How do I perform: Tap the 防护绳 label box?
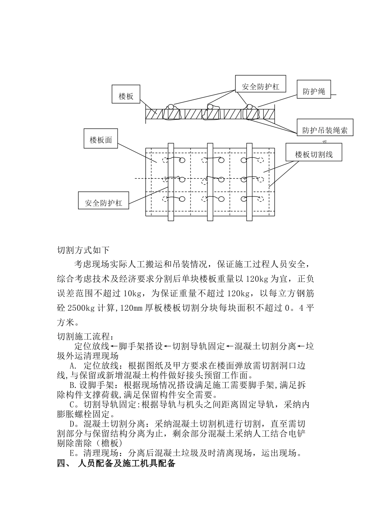tap(314, 92)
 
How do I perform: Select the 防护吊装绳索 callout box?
tap(325, 130)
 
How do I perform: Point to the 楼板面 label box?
tap(100, 140)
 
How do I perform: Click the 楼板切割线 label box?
tap(314, 154)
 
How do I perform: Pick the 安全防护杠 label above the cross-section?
tap(260, 87)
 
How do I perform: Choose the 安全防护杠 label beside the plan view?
tap(103, 203)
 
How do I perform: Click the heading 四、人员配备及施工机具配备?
tap(116, 464)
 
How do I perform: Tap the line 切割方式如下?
tap(84, 250)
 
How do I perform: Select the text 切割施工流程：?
tap(86, 336)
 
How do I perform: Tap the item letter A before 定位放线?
tap(73, 366)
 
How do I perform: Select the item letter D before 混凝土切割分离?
tap(73, 424)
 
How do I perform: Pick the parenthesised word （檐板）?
tap(108, 443)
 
